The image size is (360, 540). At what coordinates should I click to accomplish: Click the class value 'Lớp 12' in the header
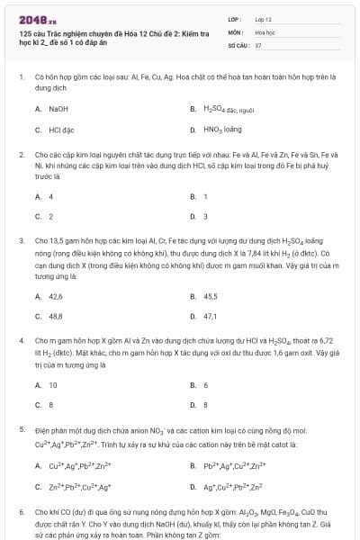point(263,18)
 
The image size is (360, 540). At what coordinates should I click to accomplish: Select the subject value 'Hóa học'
point(265,31)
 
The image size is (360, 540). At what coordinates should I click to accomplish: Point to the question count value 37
point(258,44)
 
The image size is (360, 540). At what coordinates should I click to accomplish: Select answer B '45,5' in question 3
point(210,296)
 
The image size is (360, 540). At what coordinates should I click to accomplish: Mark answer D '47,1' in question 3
point(210,317)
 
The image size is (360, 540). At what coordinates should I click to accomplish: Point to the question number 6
point(21,511)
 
